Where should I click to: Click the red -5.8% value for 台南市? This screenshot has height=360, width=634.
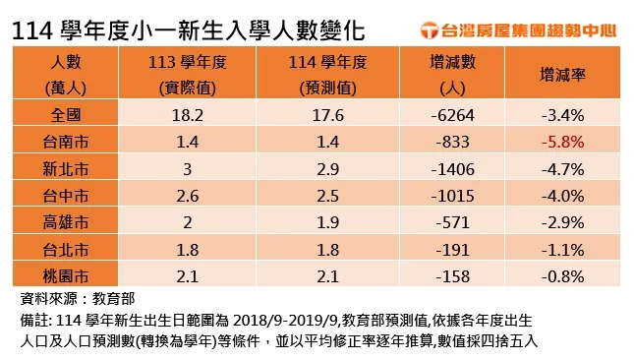(x=562, y=142)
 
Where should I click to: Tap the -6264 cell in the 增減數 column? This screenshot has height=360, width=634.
(x=453, y=115)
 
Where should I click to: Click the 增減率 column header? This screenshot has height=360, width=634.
(x=562, y=74)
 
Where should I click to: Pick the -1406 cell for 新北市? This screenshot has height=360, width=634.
(x=453, y=168)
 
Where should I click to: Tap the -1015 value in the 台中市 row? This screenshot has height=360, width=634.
(x=453, y=195)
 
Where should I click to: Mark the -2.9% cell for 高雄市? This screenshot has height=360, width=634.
(x=562, y=221)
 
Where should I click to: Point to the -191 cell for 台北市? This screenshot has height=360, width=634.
(x=453, y=248)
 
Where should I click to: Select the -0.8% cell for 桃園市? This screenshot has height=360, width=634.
(x=562, y=274)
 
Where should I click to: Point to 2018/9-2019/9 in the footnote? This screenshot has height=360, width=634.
(x=281, y=320)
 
